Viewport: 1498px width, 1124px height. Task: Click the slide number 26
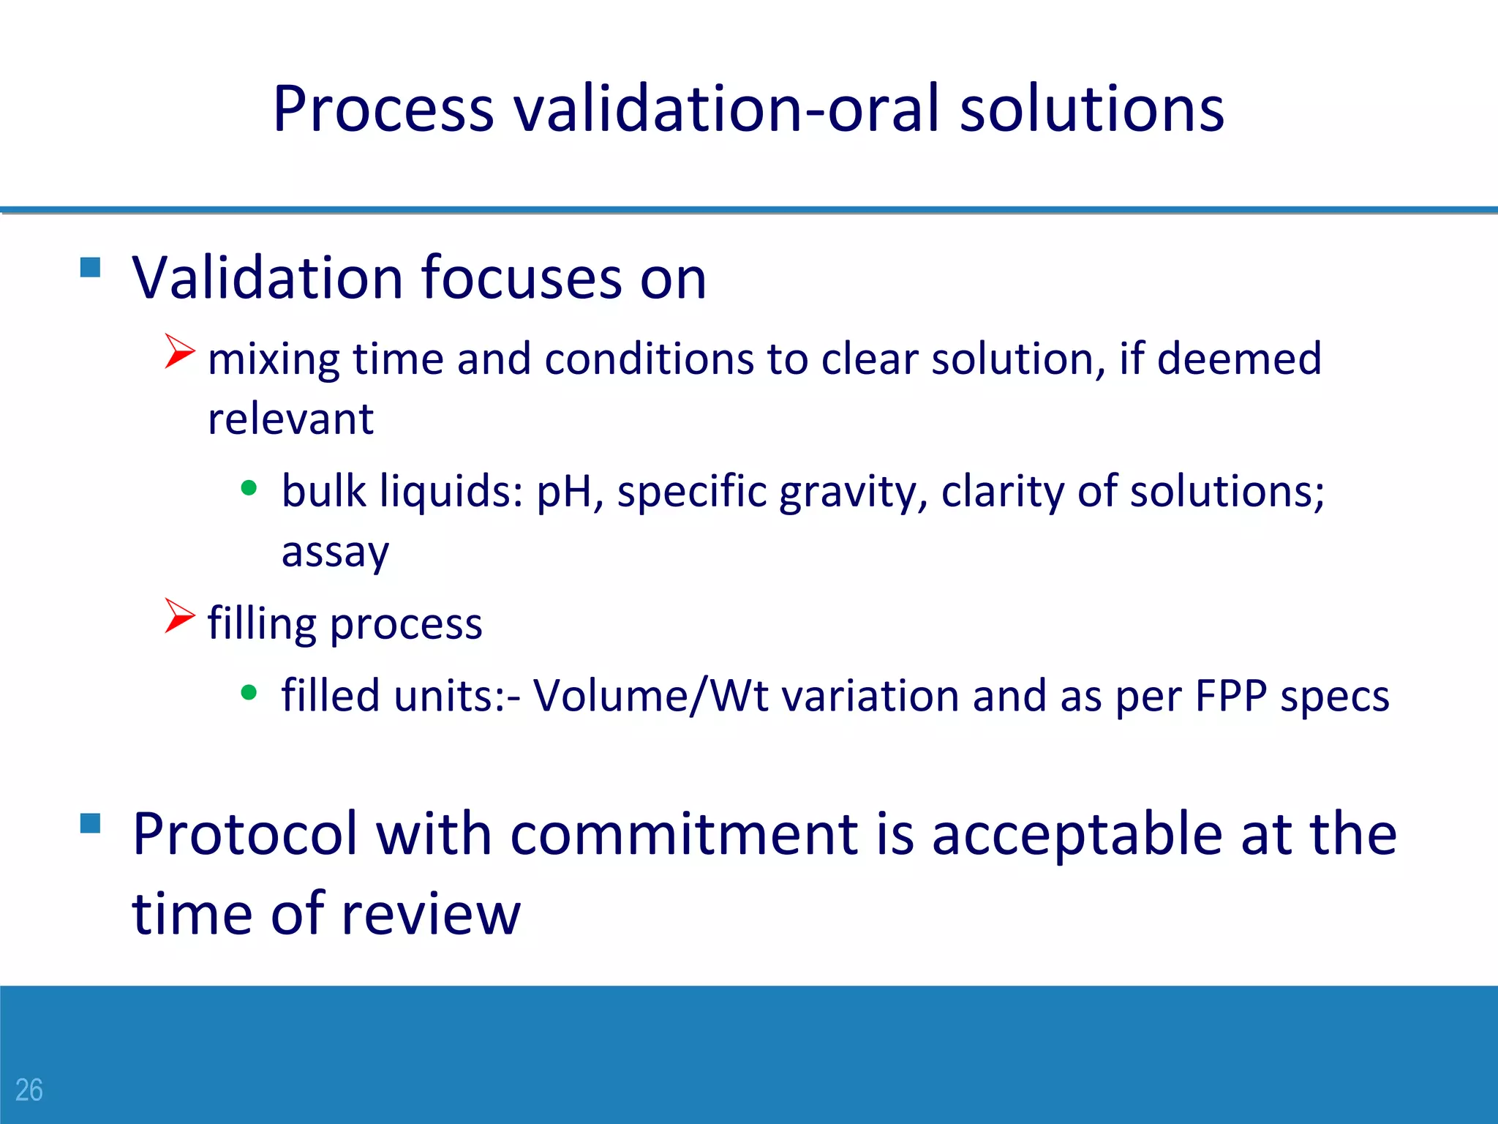pos(29,1090)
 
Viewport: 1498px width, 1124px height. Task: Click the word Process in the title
pos(383,110)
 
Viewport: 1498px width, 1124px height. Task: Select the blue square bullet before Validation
pos(90,267)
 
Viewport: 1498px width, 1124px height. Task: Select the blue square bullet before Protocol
pos(90,823)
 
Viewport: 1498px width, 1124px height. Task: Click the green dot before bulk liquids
pos(249,487)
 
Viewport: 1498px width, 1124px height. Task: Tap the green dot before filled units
pos(249,692)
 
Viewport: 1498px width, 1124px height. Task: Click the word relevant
pos(290,419)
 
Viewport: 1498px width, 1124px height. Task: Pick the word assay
pos(335,552)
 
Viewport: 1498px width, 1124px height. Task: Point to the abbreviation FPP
pos(1230,695)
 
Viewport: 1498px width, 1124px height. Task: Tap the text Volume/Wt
pos(650,695)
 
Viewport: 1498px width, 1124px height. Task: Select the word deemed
pos(1239,359)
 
